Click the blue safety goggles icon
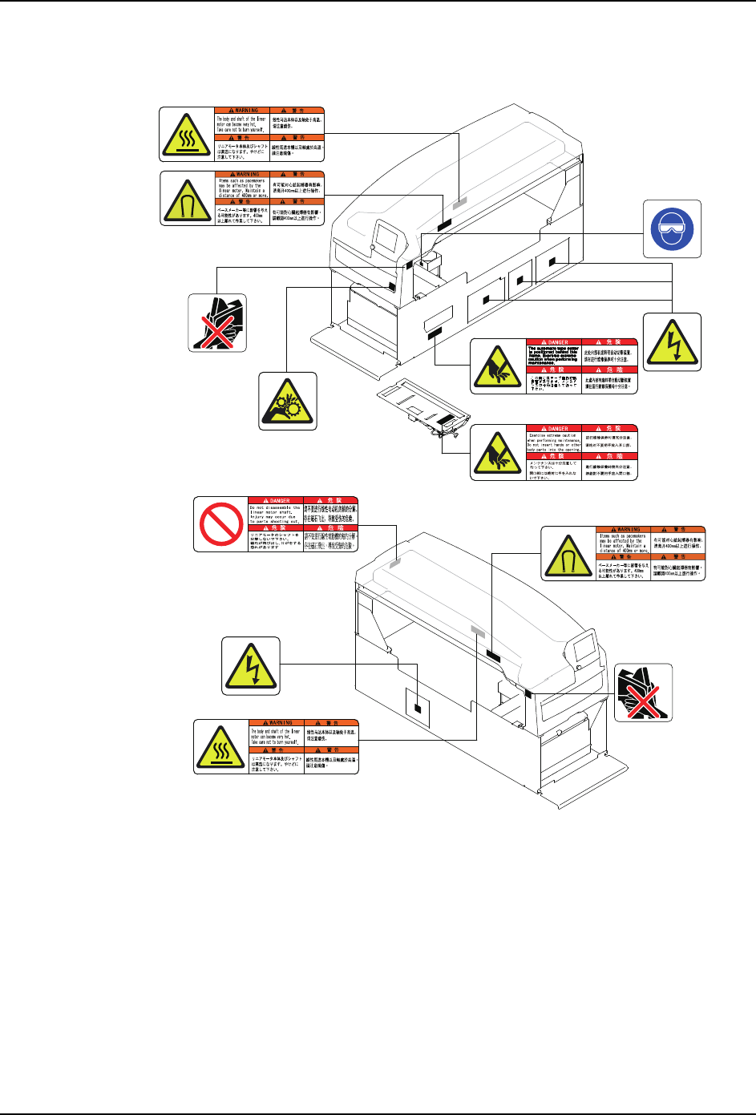click(x=672, y=228)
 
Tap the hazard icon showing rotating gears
click(x=288, y=401)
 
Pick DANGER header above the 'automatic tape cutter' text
click(x=553, y=342)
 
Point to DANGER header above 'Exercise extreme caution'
click(x=553, y=429)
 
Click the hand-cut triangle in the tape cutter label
click(x=497, y=366)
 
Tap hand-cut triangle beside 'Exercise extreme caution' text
click(x=497, y=453)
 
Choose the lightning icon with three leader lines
click(x=672, y=342)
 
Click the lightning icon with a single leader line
click(x=251, y=667)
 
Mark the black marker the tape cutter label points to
click(x=433, y=332)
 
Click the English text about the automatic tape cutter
click(x=553, y=355)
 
